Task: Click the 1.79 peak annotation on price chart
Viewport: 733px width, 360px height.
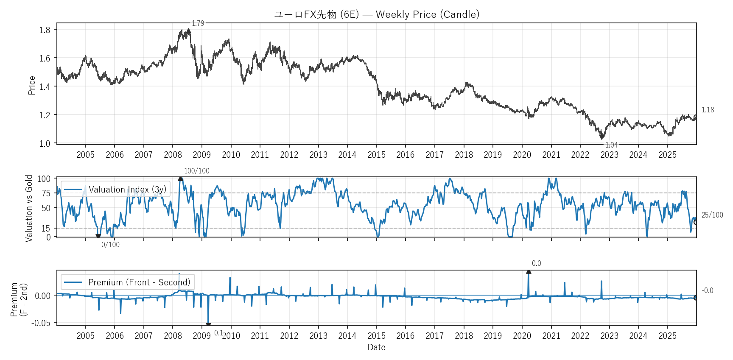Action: [198, 23]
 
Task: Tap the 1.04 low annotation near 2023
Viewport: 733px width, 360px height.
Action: [611, 145]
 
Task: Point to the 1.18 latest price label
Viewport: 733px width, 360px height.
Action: [708, 110]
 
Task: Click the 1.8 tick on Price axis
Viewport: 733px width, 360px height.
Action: [45, 30]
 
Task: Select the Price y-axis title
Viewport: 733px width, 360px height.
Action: [32, 85]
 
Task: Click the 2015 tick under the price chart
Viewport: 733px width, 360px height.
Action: [376, 155]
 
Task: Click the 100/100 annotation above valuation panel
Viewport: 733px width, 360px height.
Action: [196, 171]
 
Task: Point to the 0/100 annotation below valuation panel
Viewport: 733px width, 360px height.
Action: [110, 245]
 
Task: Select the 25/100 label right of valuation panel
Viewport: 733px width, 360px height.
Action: [712, 215]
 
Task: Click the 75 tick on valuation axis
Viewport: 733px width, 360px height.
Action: [46, 193]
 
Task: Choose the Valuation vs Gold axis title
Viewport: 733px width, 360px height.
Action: [29, 208]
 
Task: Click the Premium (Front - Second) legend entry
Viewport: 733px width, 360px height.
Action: [128, 282]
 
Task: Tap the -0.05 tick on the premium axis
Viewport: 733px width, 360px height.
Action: [41, 323]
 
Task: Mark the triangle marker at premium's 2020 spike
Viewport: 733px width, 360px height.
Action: [529, 272]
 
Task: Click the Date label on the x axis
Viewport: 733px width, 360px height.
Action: [376, 347]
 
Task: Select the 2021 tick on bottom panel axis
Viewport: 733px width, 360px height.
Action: [551, 336]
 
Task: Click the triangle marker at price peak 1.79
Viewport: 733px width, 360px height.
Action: [189, 31]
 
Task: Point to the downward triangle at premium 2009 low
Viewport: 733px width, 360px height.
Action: [208, 325]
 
